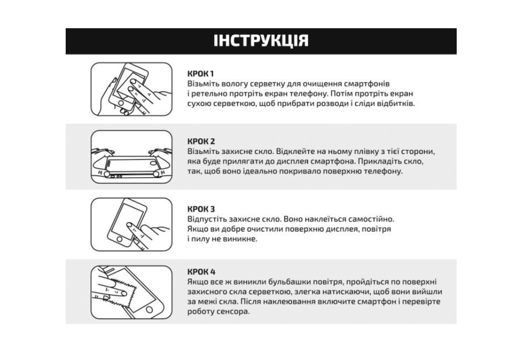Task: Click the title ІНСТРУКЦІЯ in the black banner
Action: (261, 41)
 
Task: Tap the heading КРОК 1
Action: (200, 74)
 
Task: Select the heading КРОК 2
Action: (201, 141)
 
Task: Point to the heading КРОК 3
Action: (201, 209)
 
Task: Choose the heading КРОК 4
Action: (201, 272)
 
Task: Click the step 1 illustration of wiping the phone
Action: (131, 89)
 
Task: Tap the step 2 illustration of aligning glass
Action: (131, 157)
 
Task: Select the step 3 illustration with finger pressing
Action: (131, 224)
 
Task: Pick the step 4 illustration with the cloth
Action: (131, 292)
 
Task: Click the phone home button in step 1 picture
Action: (121, 103)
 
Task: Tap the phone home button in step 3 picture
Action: (119, 239)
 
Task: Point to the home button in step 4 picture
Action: (149, 309)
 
